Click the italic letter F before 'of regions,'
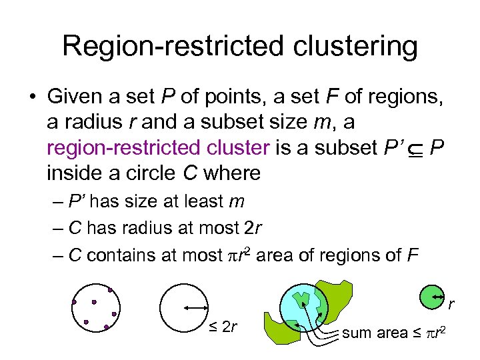coord(329,97)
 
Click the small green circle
coord(433,295)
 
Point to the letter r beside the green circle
coord(451,305)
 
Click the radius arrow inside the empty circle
coord(196,307)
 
